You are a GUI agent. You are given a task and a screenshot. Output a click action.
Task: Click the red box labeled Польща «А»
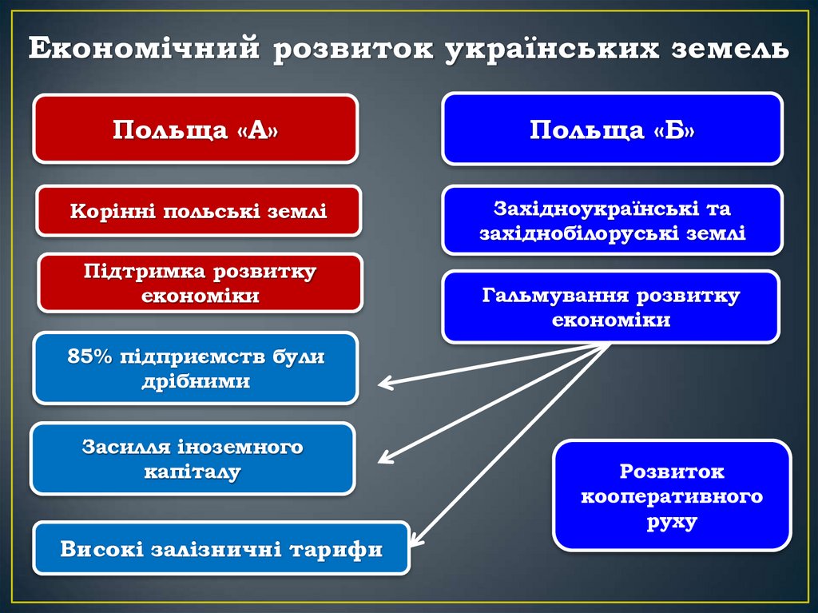tap(195, 129)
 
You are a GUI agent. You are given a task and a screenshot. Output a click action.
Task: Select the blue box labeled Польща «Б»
tap(612, 129)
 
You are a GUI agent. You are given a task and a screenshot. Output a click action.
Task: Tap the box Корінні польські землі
tap(199, 211)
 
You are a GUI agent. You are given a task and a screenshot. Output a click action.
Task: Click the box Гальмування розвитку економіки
tap(611, 307)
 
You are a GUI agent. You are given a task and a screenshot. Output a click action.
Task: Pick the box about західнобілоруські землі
tap(612, 221)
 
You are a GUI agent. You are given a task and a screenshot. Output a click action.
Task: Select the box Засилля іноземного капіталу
tap(193, 459)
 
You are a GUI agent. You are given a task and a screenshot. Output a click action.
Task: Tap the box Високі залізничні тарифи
tap(221, 549)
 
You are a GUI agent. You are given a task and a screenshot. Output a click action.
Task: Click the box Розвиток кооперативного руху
tap(672, 496)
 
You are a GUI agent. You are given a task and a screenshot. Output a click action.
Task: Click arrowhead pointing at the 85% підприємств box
tap(384, 384)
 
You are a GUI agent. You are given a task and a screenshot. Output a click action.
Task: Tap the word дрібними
tap(196, 381)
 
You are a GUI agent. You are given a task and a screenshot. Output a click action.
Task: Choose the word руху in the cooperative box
tap(672, 523)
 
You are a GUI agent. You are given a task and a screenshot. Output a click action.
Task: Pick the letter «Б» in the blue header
tap(675, 129)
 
